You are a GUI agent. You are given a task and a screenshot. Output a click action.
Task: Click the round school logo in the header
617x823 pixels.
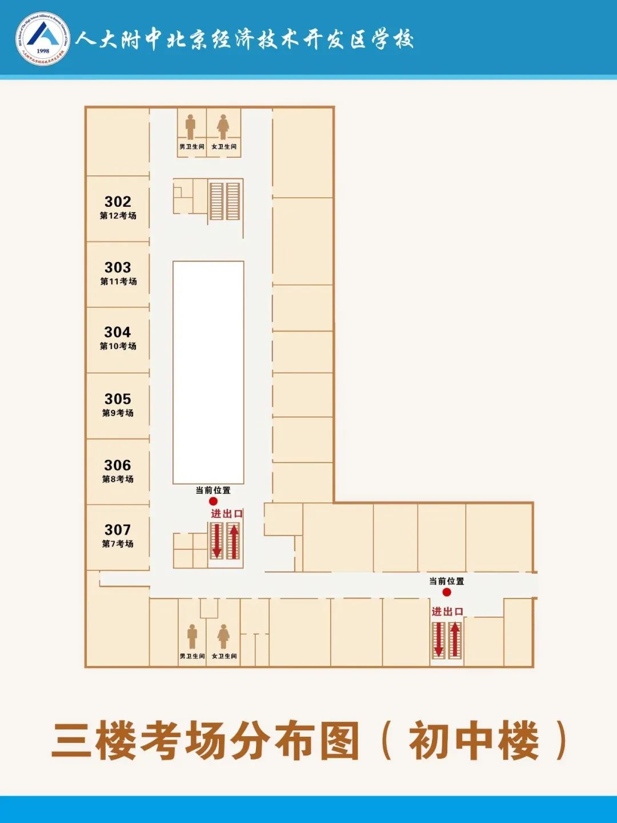(43, 39)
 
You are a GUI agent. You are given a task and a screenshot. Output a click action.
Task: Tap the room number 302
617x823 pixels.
(118, 202)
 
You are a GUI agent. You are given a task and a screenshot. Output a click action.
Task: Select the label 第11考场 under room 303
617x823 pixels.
(118, 281)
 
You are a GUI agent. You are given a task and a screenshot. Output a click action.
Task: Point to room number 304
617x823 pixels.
(118, 332)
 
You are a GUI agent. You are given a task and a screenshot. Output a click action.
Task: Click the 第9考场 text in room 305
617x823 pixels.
(118, 413)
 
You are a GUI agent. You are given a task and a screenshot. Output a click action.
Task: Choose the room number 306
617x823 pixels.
(118, 465)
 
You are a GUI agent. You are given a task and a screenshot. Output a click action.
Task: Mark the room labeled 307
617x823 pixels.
(118, 530)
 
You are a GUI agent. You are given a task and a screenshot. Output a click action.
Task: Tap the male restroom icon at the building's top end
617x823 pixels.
(190, 126)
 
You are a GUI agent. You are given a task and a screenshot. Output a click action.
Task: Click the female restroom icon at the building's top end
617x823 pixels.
(223, 126)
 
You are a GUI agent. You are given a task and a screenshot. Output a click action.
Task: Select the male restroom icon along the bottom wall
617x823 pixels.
(192, 636)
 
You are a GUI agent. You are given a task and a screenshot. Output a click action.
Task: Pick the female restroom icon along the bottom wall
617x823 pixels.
(223, 636)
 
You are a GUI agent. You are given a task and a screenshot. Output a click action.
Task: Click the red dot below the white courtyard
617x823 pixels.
(213, 501)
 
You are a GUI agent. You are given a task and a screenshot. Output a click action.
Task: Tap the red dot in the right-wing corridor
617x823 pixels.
(447, 592)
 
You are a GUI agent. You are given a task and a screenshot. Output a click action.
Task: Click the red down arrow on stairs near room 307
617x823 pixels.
(217, 541)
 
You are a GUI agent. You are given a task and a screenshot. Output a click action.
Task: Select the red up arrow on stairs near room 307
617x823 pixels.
(234, 541)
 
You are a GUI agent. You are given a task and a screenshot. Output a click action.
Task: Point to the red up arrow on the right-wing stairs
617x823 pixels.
(455, 639)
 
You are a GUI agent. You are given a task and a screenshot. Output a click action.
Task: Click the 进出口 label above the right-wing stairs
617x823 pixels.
(447, 612)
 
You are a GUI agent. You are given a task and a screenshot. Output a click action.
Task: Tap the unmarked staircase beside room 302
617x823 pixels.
(225, 201)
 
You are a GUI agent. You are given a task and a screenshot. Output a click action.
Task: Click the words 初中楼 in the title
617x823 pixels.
(474, 741)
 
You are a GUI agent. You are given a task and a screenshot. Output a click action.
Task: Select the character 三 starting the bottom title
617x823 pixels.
(72, 741)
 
